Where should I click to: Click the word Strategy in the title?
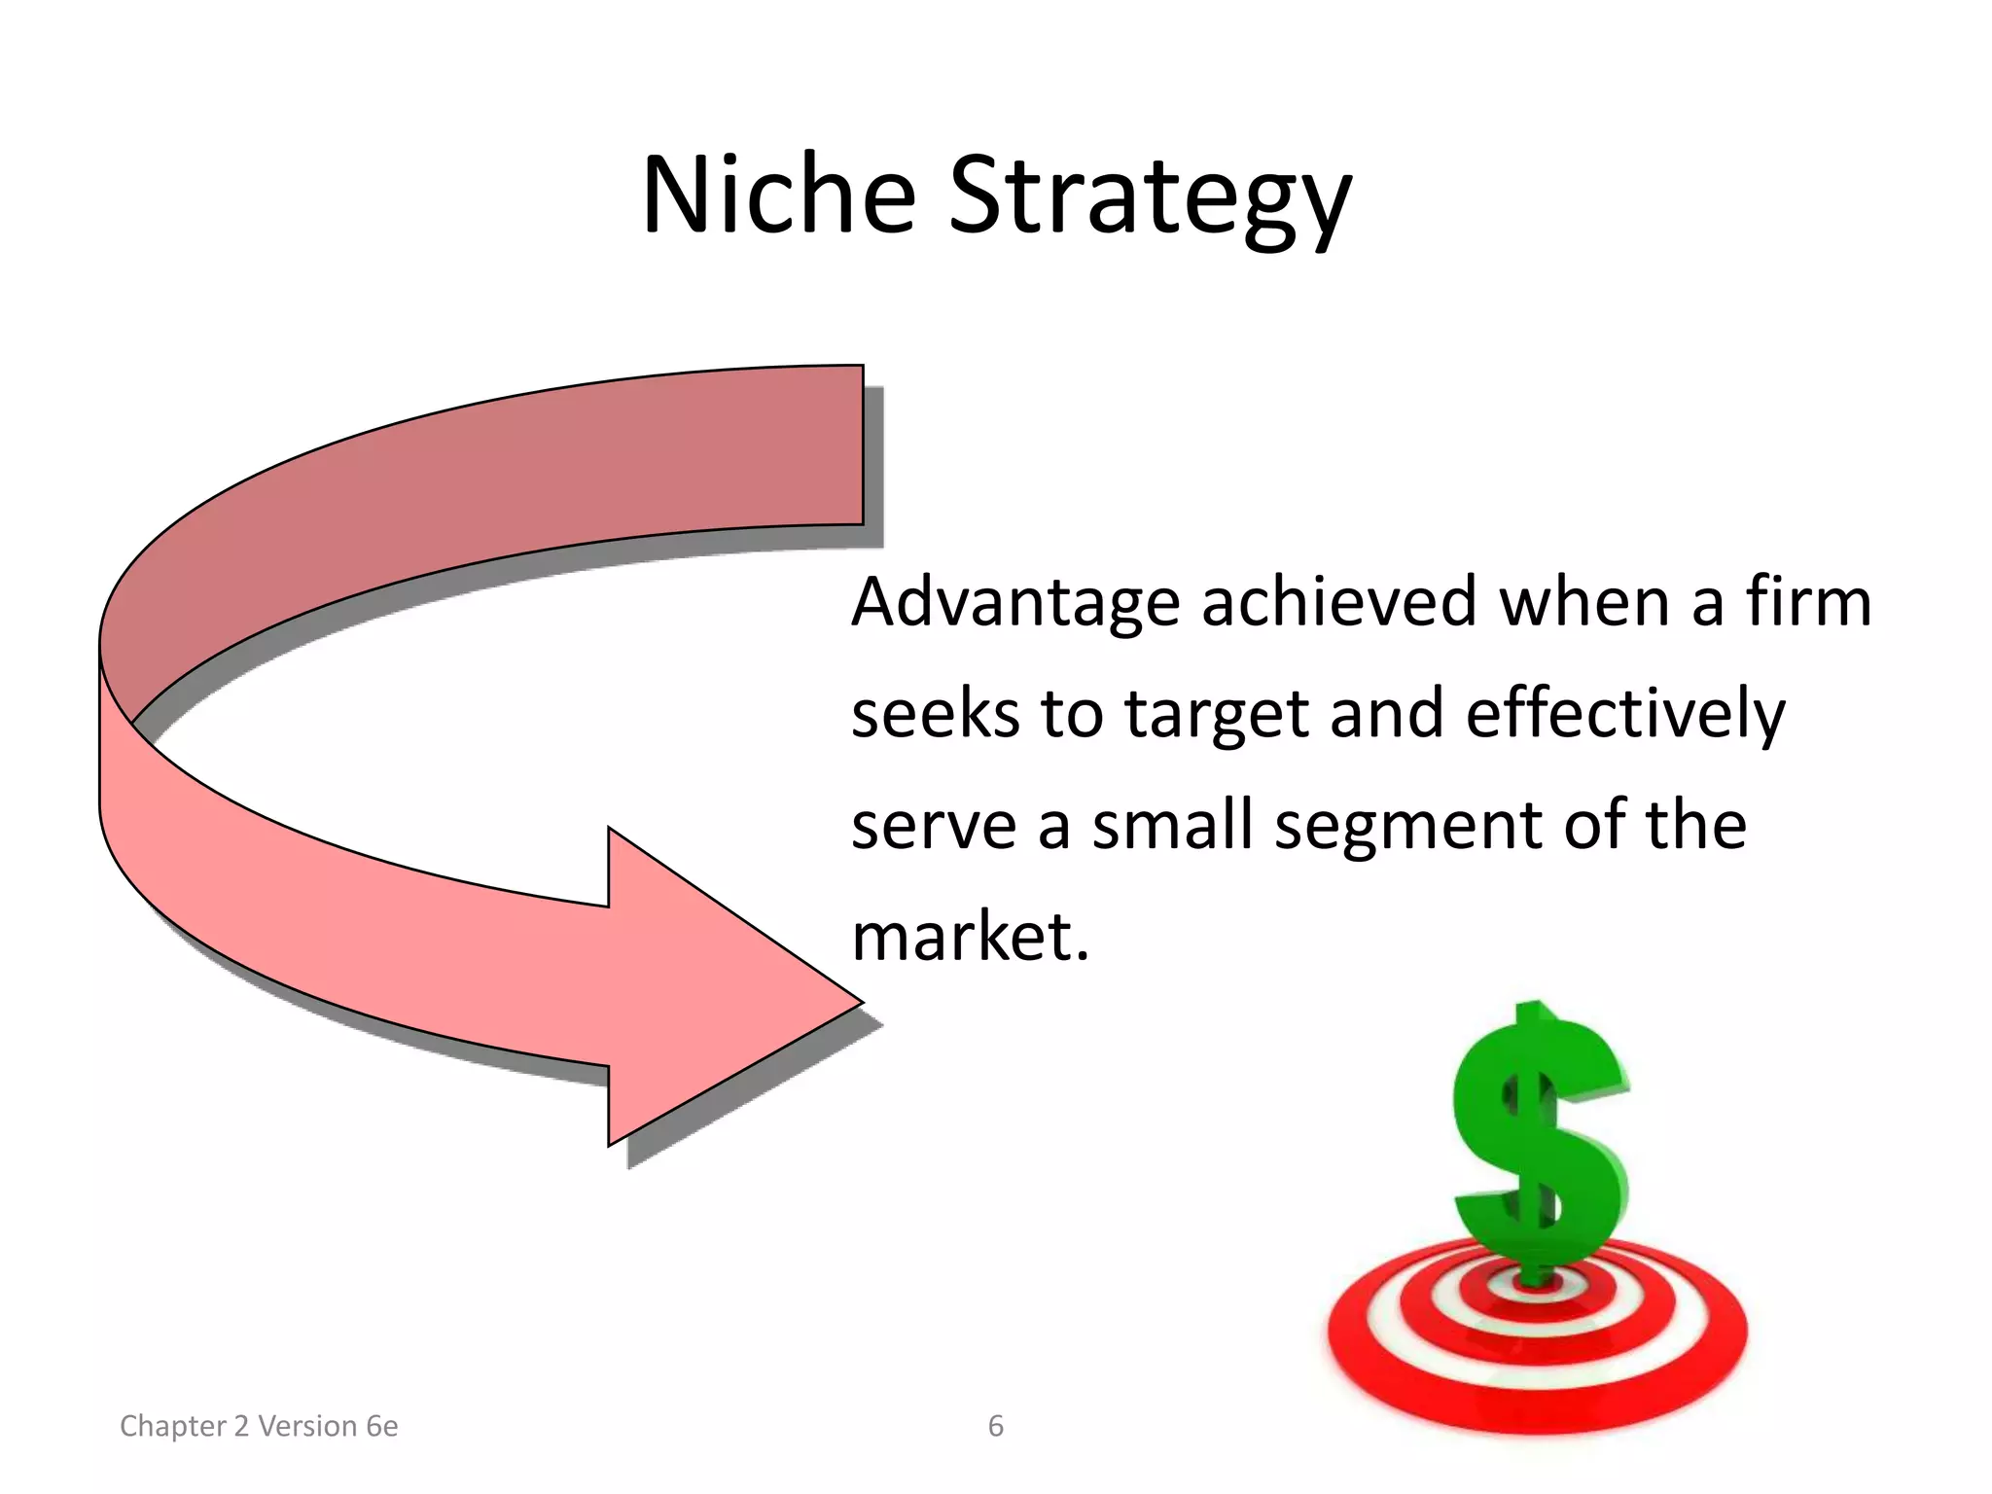click(x=1150, y=199)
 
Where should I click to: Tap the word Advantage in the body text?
click(x=1015, y=603)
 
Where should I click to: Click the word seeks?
click(x=935, y=714)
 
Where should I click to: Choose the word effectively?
click(x=1625, y=714)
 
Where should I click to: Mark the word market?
click(x=969, y=937)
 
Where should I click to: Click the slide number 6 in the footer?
click(x=995, y=1426)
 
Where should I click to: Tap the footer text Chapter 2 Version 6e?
click(x=259, y=1426)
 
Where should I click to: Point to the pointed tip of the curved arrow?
click(x=856, y=1002)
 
